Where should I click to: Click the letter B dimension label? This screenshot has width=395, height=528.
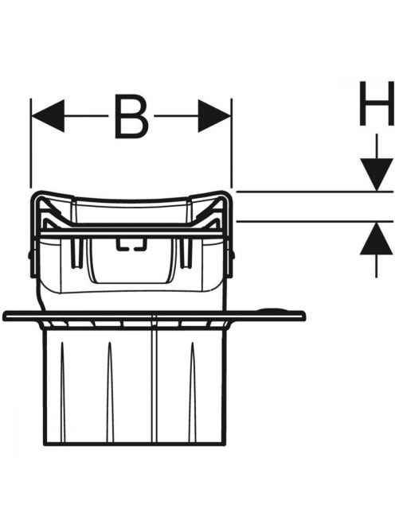(x=131, y=117)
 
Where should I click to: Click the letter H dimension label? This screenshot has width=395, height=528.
(x=377, y=103)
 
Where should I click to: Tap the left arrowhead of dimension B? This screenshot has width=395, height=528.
(x=48, y=116)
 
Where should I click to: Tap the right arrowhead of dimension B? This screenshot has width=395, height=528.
(x=214, y=116)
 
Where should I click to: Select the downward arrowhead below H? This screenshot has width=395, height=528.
(x=377, y=174)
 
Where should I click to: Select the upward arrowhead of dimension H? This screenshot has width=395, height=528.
(x=377, y=238)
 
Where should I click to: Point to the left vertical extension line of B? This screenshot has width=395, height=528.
(x=31, y=143)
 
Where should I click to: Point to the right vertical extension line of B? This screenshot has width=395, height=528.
(x=232, y=143)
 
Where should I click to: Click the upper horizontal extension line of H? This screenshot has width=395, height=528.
(x=315, y=192)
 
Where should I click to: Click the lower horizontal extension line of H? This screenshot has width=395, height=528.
(x=315, y=221)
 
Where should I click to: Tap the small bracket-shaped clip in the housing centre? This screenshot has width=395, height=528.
(x=130, y=245)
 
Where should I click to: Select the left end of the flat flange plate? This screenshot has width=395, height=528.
(x=4, y=316)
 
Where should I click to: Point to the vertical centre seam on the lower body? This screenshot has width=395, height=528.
(x=154, y=379)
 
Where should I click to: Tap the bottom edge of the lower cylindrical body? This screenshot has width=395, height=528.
(x=135, y=444)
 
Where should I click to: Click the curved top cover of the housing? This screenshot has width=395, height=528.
(x=131, y=199)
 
